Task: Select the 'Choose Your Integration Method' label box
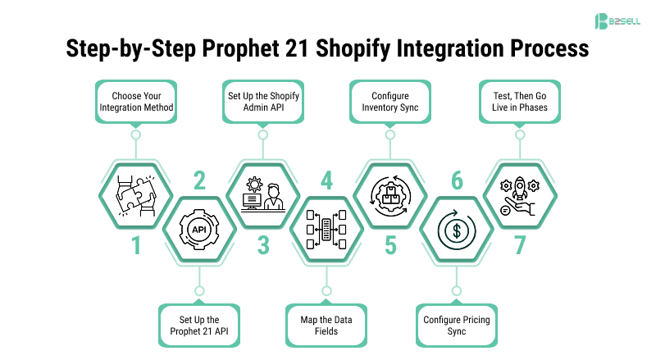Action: tap(136, 100)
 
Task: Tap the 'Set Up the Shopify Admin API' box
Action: tap(263, 100)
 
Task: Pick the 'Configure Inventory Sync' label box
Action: tap(390, 100)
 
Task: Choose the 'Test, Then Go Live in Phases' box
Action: tap(518, 100)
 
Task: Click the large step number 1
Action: tap(136, 245)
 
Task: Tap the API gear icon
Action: tap(199, 229)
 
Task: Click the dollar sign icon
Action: tap(455, 229)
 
